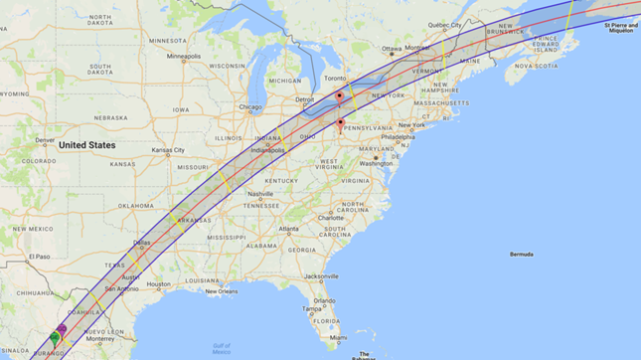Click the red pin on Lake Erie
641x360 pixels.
339,96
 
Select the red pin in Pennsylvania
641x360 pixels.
341,124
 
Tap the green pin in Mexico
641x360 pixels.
55,338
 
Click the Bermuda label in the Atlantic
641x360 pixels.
521,255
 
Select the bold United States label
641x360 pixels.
86,145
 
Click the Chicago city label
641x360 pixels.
250,107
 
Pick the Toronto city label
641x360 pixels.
335,78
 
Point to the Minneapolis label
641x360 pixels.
184,56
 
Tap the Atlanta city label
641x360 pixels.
289,229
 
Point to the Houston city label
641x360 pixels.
159,283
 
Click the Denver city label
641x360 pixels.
45,140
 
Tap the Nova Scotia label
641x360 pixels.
546,66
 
